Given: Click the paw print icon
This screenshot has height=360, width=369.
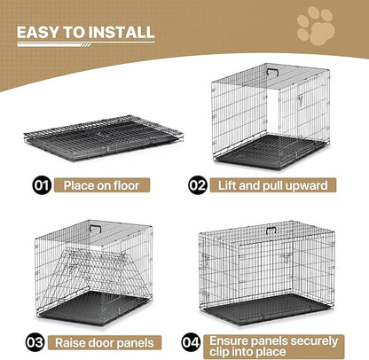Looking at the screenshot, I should pyautogui.click(x=317, y=27).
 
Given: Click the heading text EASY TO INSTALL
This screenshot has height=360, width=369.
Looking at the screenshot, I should pyautogui.click(x=86, y=33).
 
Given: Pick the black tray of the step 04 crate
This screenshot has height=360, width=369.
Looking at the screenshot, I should pyautogui.click(x=266, y=315).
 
